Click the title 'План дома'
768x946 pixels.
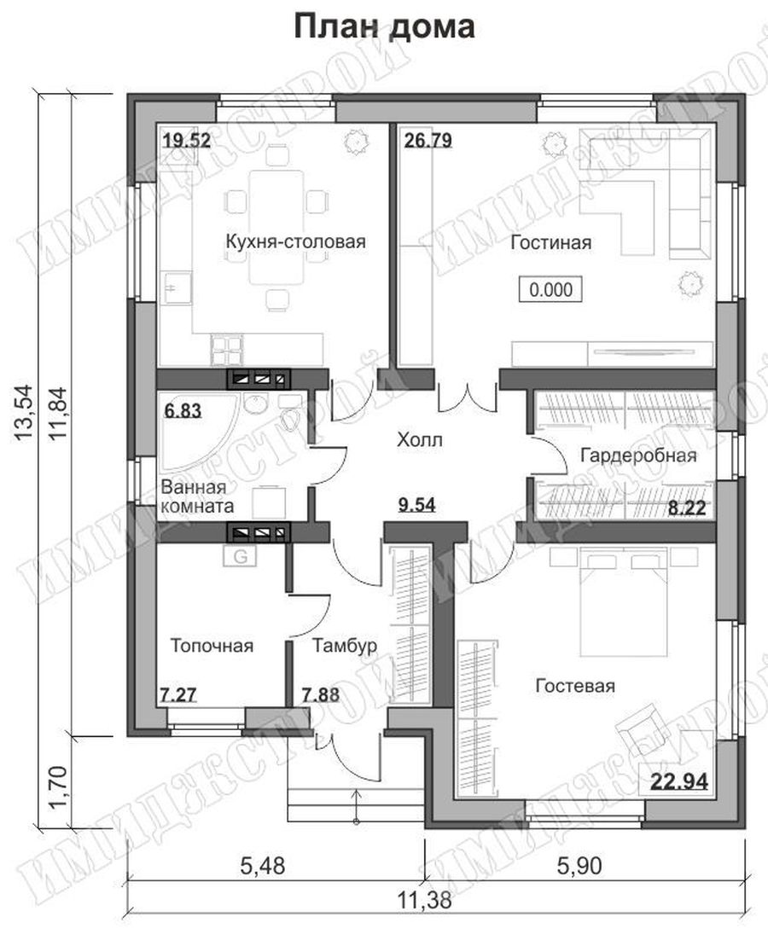(x=384, y=27)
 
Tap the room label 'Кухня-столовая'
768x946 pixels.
(x=296, y=242)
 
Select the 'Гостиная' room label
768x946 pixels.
(x=550, y=243)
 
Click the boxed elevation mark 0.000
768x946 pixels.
(x=550, y=289)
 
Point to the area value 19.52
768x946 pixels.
(x=187, y=141)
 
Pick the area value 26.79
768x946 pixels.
(x=428, y=141)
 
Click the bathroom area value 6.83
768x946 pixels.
(x=183, y=411)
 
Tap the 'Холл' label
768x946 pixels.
(x=420, y=440)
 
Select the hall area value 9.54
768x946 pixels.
(x=417, y=504)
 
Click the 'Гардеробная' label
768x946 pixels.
(x=638, y=455)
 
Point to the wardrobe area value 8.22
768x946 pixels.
(x=686, y=508)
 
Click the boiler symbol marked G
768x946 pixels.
(x=241, y=556)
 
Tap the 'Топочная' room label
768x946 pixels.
(x=212, y=646)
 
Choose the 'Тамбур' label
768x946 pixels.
(x=345, y=646)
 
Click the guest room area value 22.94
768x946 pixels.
(x=679, y=782)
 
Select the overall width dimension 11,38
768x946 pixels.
(x=424, y=901)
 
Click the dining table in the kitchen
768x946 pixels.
(x=277, y=228)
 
